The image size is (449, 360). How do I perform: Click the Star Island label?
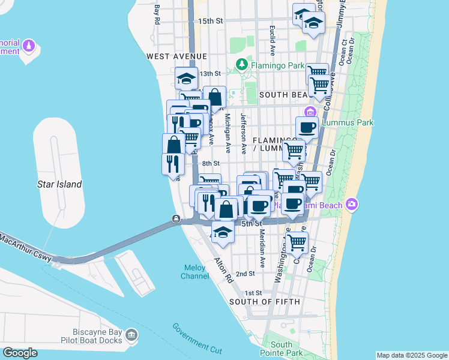[x=59, y=184]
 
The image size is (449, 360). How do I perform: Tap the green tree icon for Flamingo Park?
[x=242, y=63]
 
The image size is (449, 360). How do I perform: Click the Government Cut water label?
[x=197, y=338]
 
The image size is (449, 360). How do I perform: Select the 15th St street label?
[x=210, y=21]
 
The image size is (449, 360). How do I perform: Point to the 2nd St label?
[x=245, y=274]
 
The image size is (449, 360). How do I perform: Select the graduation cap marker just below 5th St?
[x=223, y=232]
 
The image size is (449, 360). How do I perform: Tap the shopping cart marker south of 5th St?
[x=297, y=242]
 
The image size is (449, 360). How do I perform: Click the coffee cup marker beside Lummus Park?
[x=307, y=127]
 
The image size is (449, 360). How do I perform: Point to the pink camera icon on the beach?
[x=352, y=205]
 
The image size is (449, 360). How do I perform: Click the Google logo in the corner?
[x=20, y=352]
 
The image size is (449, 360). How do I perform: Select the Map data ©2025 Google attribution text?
[x=411, y=355]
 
